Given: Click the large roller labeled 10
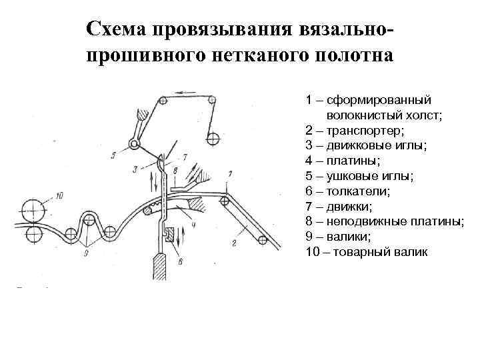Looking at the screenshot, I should point(31,207).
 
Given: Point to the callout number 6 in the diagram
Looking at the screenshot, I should point(179,262).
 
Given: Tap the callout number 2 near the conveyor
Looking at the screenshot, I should point(234,243).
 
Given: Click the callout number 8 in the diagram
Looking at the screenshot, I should point(174,171).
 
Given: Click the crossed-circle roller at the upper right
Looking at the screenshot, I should point(213,139).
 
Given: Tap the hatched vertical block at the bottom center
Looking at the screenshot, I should point(160,267).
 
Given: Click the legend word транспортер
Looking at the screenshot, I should point(361,130).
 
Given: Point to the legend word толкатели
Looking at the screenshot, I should point(357,191).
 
